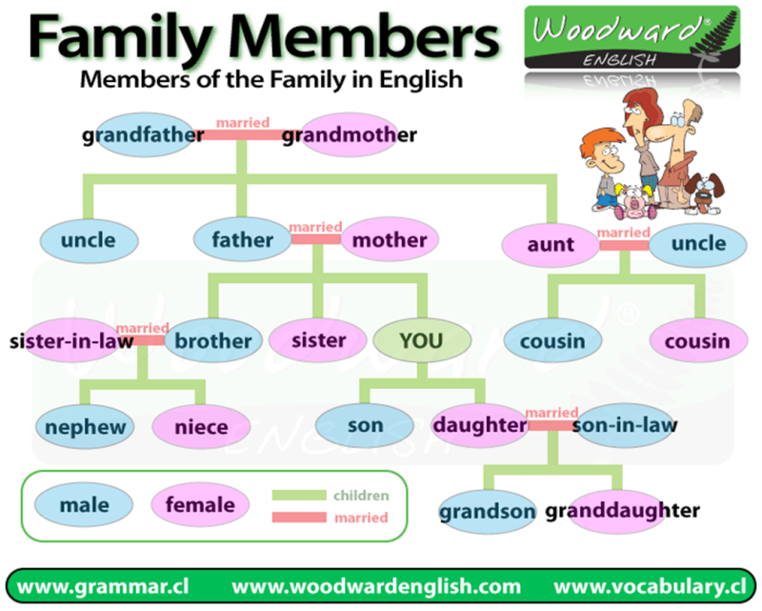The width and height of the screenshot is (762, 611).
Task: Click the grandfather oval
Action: [143, 135]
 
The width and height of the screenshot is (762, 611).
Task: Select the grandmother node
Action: [349, 135]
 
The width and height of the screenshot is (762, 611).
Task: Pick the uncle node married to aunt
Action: [698, 243]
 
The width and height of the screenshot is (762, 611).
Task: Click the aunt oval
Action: [551, 244]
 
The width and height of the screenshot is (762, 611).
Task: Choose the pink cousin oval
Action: [696, 340]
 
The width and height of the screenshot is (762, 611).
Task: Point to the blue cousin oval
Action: [552, 340]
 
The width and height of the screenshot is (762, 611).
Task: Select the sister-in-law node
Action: [72, 340]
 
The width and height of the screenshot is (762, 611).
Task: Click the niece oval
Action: [200, 427]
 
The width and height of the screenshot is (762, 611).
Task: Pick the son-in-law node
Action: [624, 425]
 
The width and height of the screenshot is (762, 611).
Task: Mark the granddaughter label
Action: [623, 511]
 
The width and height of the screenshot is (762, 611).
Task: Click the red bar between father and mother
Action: [315, 239]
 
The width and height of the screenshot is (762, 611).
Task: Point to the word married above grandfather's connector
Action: [243, 122]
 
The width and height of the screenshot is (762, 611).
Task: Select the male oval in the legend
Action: [84, 504]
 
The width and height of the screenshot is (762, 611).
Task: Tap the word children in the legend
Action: [361, 496]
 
